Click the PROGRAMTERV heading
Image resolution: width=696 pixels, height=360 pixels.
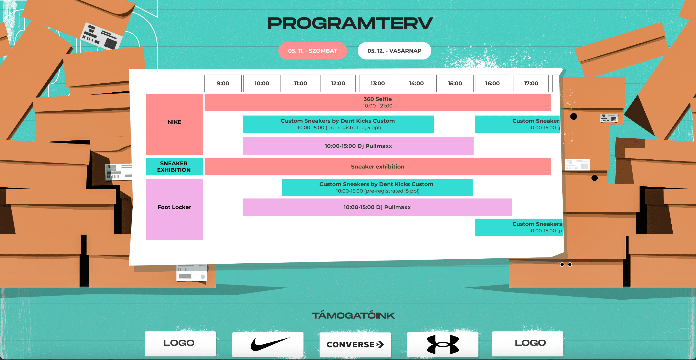click(350, 23)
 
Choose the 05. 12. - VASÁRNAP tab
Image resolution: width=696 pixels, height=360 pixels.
click(394, 51)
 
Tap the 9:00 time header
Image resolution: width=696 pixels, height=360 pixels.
click(223, 83)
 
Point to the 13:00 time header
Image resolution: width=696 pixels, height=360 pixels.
click(377, 83)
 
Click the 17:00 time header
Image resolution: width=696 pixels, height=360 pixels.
click(531, 83)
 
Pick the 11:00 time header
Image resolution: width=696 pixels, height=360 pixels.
click(300, 83)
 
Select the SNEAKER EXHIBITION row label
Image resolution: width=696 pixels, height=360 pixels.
click(174, 167)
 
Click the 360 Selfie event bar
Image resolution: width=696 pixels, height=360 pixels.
click(377, 102)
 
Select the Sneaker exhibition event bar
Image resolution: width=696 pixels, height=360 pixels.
click(377, 167)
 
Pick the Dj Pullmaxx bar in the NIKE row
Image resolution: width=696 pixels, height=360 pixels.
click(358, 146)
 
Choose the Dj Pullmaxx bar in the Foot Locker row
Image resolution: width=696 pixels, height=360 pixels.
click(377, 207)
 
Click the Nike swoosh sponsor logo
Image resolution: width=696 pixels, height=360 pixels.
click(268, 344)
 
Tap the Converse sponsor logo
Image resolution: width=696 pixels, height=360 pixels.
click(355, 344)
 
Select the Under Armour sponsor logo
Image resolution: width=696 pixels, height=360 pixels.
click(443, 344)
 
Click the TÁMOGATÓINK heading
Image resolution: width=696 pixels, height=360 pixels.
click(353, 315)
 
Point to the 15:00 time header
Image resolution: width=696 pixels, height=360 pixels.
click(455, 83)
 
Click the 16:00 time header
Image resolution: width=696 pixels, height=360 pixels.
click(492, 83)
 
